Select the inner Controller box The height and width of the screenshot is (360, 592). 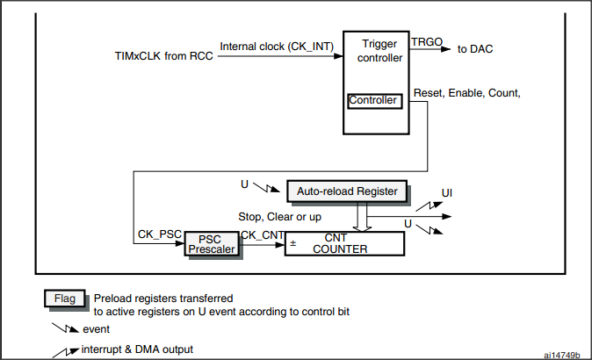374,101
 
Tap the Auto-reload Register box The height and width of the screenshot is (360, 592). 346,191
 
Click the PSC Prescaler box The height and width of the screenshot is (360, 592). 210,244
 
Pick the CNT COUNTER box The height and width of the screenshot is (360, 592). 344,243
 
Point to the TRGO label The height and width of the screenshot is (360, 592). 428,40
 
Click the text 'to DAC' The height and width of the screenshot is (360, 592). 475,48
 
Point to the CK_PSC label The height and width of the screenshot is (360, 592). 159,235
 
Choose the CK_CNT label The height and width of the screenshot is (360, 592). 262,235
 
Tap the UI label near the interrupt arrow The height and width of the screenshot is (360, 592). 447,192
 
